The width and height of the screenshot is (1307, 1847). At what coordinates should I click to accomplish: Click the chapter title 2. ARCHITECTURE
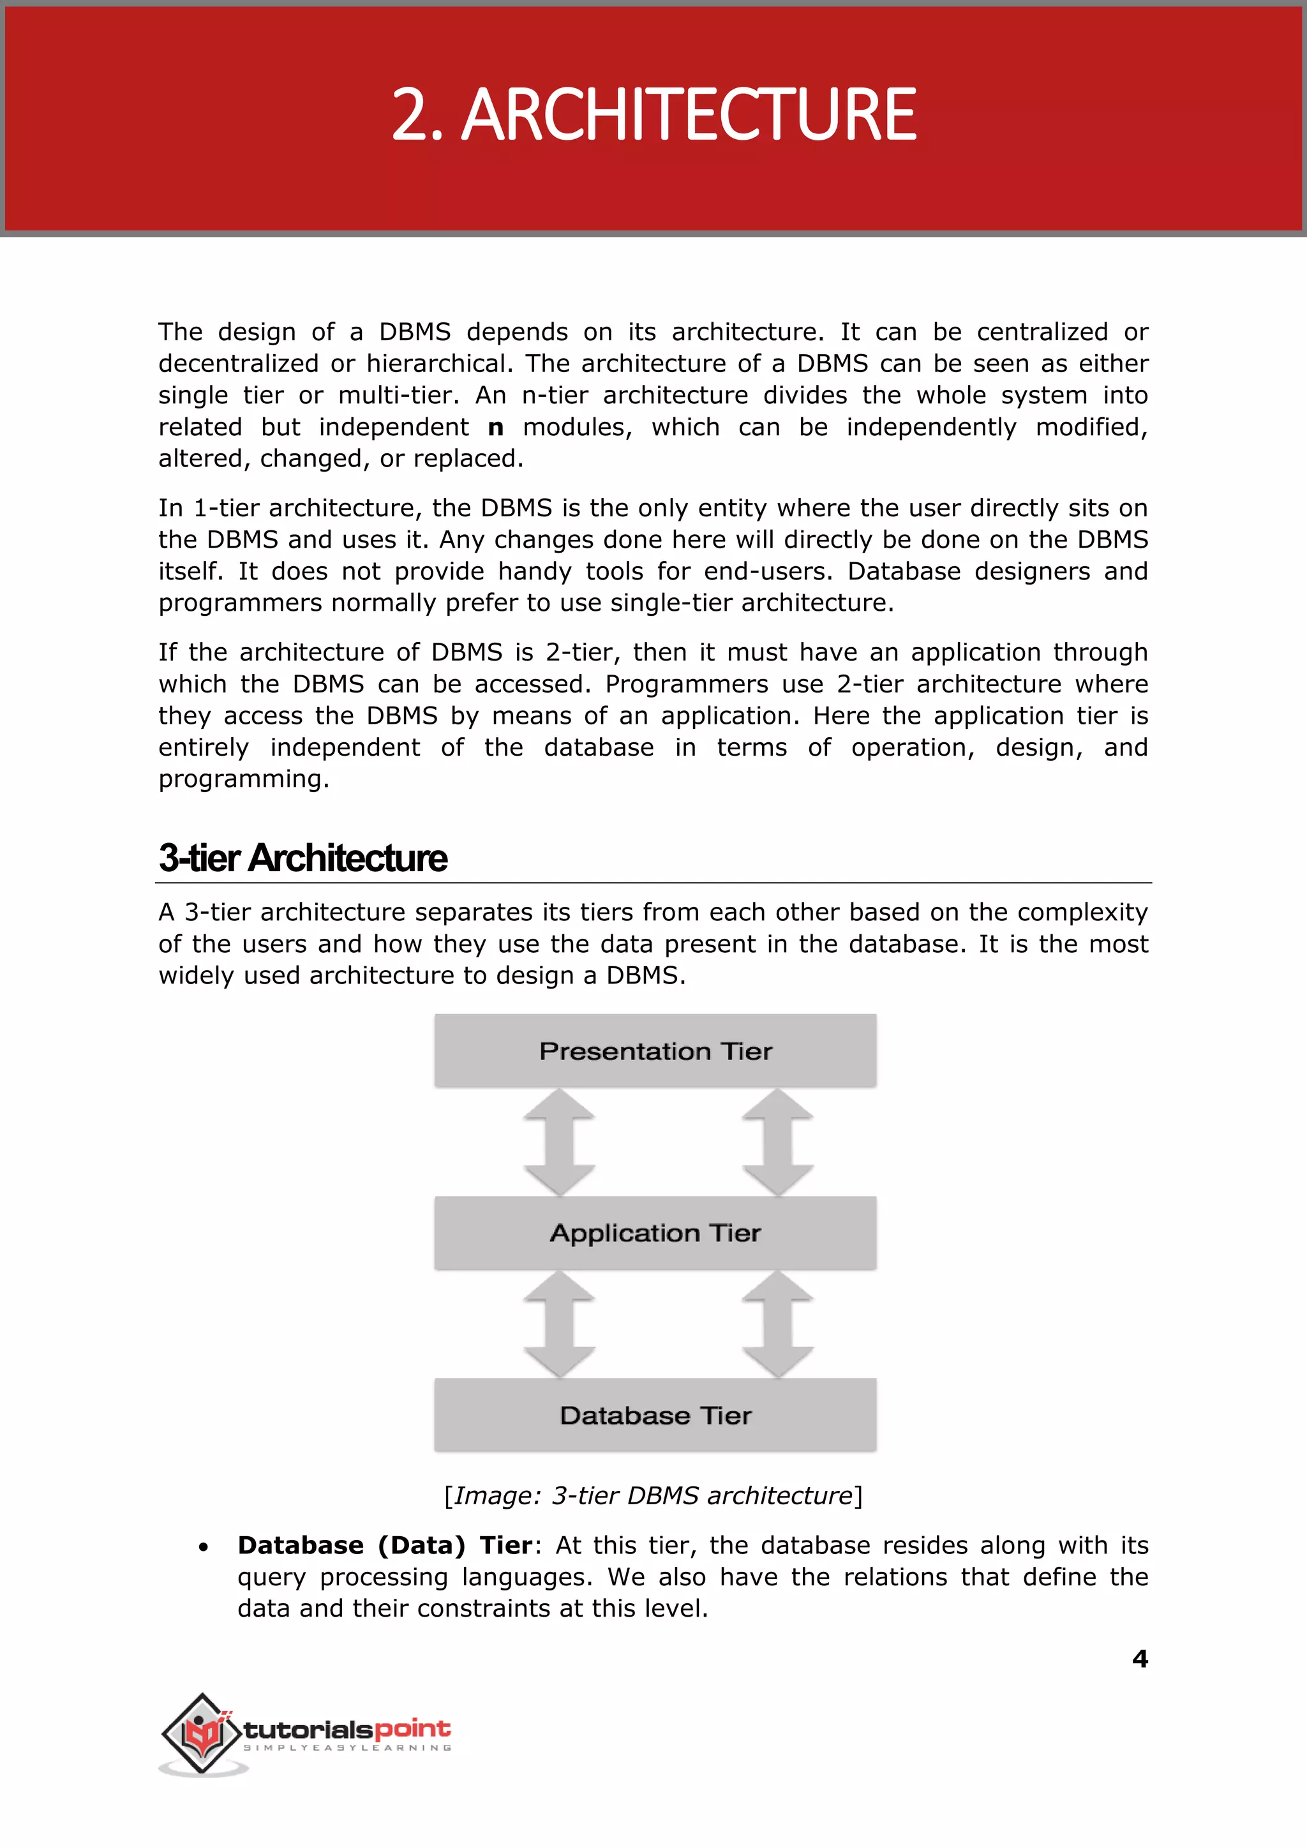653,115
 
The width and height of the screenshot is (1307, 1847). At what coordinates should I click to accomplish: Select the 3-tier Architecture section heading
302,858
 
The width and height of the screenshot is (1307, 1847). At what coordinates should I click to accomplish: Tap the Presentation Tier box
655,1051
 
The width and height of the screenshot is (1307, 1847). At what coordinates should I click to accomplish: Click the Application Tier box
655,1233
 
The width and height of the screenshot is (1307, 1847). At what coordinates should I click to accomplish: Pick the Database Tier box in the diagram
655,1415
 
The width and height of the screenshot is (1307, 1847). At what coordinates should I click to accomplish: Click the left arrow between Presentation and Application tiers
558,1142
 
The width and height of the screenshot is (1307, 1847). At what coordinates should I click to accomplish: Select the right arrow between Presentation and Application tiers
777,1142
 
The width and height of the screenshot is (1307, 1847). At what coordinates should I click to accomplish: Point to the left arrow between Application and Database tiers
558,1324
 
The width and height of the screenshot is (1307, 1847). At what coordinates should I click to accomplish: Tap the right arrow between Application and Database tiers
777,1324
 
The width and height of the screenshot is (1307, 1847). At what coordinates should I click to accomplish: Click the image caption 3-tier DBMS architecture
653,1495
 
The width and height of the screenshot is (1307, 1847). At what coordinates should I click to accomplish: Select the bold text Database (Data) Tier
385,1545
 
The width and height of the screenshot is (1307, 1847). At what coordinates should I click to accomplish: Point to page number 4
1140,1659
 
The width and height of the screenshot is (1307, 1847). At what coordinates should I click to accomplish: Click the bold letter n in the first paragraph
496,428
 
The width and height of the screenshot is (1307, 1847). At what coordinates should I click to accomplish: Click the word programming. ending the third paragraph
244,779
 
